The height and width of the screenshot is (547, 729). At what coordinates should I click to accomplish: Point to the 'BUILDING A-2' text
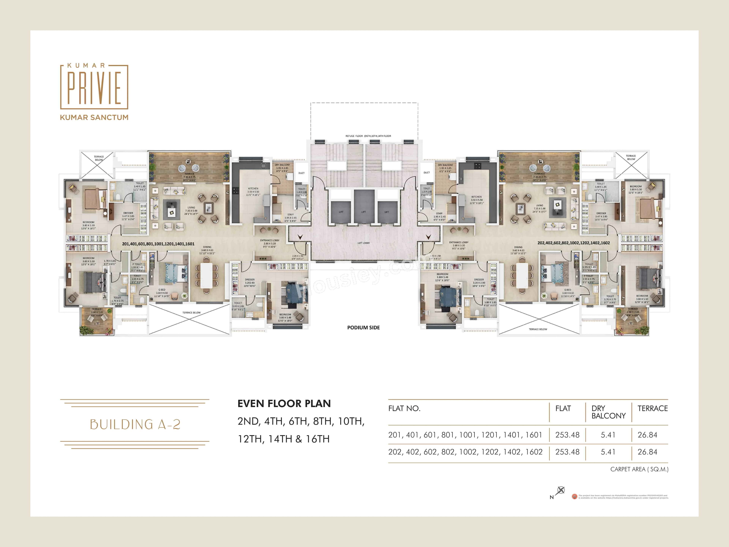(x=135, y=424)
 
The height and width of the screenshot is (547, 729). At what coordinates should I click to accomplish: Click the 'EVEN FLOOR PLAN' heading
(x=284, y=404)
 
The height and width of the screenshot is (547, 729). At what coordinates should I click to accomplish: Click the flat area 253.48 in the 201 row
(x=567, y=435)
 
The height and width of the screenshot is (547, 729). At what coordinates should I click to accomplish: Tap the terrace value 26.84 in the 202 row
(x=647, y=452)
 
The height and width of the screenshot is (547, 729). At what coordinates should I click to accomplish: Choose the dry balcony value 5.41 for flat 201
(x=608, y=435)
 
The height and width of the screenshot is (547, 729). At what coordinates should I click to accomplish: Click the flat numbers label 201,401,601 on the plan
(x=158, y=244)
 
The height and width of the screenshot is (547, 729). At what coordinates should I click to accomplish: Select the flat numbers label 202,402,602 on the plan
(x=574, y=243)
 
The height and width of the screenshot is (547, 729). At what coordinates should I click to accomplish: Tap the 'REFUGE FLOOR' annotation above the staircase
(x=368, y=136)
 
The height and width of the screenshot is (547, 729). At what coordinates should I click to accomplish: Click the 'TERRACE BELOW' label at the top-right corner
(x=631, y=157)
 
